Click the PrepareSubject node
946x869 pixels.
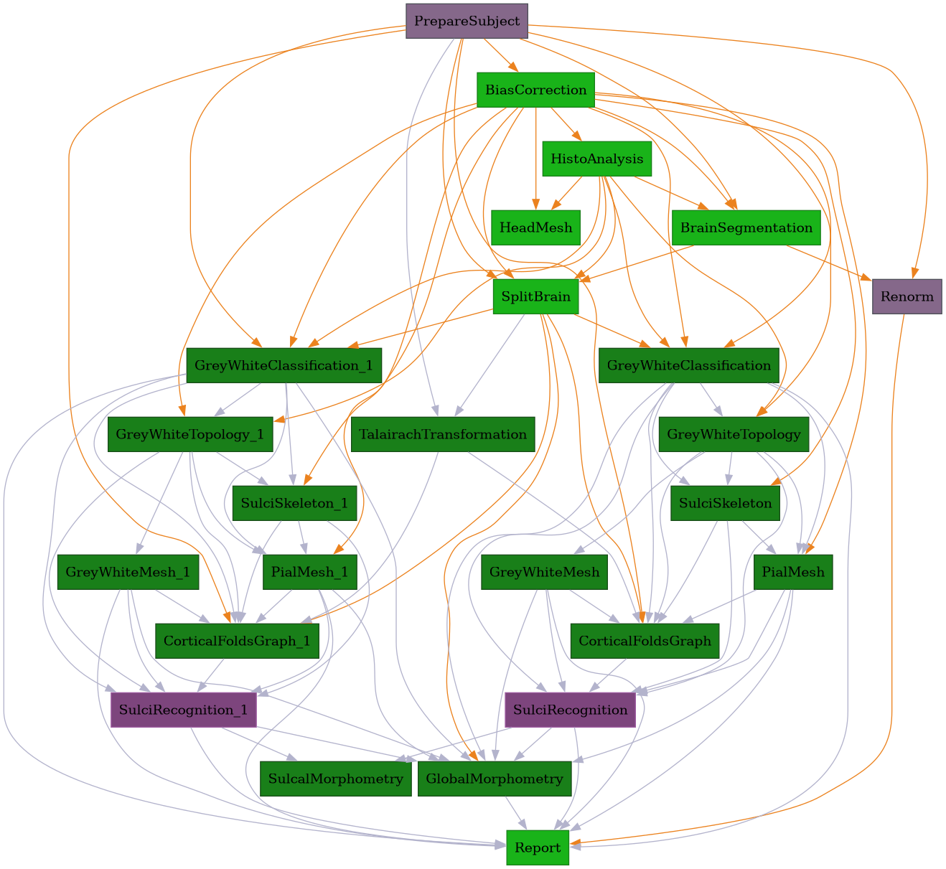coord(467,22)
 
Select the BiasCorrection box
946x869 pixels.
coord(535,90)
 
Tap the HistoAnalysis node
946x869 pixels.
coord(596,159)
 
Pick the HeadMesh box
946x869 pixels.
coord(535,228)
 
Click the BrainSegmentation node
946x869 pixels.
coord(746,228)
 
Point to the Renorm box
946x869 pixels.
coord(907,297)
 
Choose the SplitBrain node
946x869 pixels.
coord(535,297)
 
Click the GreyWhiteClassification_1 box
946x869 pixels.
coord(284,366)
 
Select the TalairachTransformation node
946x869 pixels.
coord(444,435)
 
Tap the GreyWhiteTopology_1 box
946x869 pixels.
coord(191,435)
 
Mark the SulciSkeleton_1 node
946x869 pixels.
coord(294,504)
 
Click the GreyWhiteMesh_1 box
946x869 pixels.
coord(128,573)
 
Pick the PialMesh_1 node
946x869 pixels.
coord(309,573)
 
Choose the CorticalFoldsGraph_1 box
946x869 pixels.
coord(237,642)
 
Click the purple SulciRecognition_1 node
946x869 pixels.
coord(183,710)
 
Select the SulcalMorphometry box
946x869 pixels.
coord(335,779)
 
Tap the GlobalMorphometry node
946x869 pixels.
coord(495,779)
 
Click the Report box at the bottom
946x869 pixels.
coord(538,848)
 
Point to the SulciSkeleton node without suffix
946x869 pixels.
coord(725,504)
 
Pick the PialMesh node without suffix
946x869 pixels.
coord(793,573)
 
